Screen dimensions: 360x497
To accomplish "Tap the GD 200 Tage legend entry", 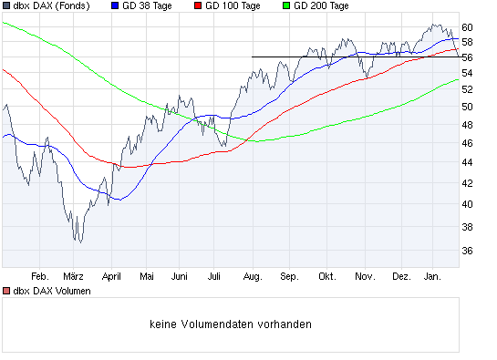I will (321, 6).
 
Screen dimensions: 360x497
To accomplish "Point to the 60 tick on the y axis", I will (467, 26).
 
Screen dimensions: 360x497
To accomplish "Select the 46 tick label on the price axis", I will (467, 144).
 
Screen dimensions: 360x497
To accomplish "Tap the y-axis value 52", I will (467, 89).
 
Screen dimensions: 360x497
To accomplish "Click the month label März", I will (74, 275).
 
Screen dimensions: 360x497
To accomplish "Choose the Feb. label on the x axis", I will (38, 275).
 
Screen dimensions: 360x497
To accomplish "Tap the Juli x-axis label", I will (215, 275).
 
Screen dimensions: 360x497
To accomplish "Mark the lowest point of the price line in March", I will (79, 242).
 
